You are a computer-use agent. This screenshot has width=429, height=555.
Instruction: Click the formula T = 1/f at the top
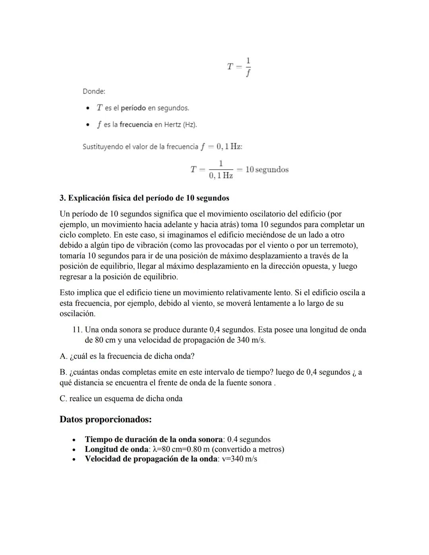pos(239,67)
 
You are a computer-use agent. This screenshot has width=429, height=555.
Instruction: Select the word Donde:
pos(94,91)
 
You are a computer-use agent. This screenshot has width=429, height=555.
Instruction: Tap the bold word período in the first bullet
pos(133,108)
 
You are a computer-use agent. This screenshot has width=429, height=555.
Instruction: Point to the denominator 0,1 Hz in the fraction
pos(221,176)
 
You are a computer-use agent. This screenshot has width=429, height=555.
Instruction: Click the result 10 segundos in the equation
pos(267,170)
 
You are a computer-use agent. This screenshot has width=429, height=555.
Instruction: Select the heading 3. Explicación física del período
pos(144,198)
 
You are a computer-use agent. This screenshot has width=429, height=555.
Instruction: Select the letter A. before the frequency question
pos(63,356)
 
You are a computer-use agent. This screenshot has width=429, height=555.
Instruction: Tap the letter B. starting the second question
pos(63,372)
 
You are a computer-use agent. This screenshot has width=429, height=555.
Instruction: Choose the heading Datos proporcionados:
pos(106,419)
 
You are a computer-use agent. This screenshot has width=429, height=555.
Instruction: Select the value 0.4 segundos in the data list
pos(249,439)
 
